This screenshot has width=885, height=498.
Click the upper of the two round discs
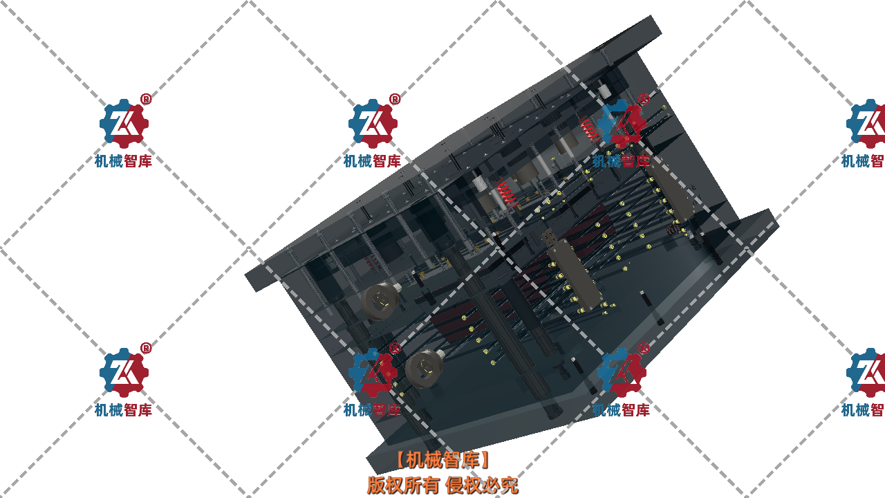click(x=380, y=301)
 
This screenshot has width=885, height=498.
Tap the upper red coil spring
click(x=589, y=128)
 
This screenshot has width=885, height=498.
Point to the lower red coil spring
click(x=505, y=192)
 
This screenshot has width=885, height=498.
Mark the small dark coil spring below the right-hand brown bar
click(x=673, y=228)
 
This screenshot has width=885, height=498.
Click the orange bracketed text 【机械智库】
click(x=442, y=459)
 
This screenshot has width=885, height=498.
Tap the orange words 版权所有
click(x=402, y=485)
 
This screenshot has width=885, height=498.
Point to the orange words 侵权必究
click(x=481, y=485)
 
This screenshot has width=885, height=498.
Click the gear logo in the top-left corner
click(x=124, y=124)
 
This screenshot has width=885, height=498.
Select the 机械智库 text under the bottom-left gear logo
click(x=124, y=409)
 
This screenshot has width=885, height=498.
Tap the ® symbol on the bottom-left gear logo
click(x=146, y=348)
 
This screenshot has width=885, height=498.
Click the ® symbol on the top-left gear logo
click(x=146, y=99)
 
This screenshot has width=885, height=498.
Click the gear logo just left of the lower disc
click(x=373, y=373)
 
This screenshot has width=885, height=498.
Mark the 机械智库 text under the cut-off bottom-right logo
click(x=863, y=409)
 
